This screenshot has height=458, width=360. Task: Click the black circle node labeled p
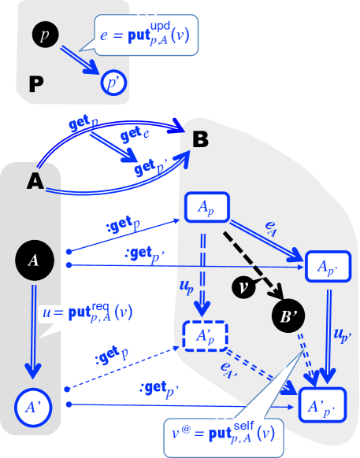tap(44, 34)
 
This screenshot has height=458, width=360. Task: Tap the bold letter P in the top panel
tap(36, 83)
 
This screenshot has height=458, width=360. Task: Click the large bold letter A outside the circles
tap(35, 181)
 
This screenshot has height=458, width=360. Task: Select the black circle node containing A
tap(34, 260)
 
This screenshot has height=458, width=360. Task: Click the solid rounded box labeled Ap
tap(206, 209)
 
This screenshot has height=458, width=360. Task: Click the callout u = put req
tap(87, 315)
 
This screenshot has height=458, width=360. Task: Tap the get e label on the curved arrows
tap(135, 136)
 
